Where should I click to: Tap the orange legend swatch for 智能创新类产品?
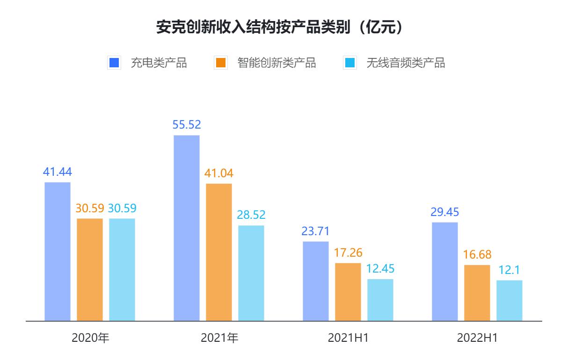[220, 63]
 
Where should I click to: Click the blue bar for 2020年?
[58, 252]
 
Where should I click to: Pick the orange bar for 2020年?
[90, 270]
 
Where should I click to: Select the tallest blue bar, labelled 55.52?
[187, 228]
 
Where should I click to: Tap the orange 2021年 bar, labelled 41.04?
[219, 252]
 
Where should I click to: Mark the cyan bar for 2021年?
[251, 273]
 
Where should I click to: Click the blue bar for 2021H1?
[316, 281]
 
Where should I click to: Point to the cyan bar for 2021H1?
[380, 300]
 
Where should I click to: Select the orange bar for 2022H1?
[477, 293]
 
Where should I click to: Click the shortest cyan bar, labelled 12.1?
[509, 301]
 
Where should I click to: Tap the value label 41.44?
[58, 172]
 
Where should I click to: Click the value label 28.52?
[251, 215]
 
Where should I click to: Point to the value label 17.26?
[348, 252]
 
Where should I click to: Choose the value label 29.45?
[445, 212]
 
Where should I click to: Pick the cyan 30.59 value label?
[122, 209]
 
